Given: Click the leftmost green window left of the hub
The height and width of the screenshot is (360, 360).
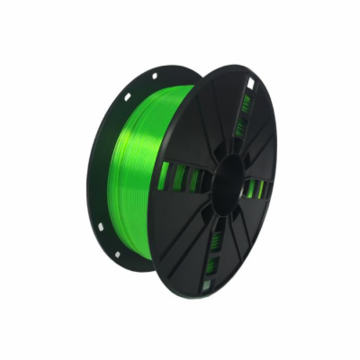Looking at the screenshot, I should click(x=164, y=175).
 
